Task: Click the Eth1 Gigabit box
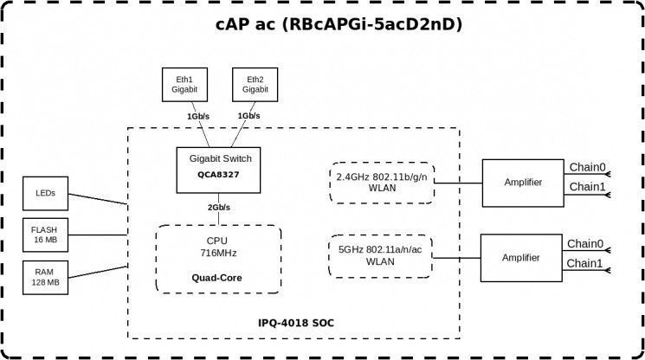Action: [184, 85]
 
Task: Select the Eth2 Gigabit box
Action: [255, 85]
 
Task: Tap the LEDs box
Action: [45, 194]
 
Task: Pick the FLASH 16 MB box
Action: [45, 235]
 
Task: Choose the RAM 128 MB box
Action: [45, 278]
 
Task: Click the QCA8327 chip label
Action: [218, 175]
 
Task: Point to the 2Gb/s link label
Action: [219, 208]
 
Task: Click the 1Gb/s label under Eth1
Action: [198, 117]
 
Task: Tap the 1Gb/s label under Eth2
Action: [248, 116]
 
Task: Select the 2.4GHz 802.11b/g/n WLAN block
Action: [382, 183]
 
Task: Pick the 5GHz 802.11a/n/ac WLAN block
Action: [380, 256]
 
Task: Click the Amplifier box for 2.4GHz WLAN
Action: [523, 183]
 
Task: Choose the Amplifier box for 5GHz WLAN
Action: [521, 258]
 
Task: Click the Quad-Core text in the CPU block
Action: [216, 278]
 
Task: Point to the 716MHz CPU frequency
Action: [218, 254]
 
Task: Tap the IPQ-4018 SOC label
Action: [296, 323]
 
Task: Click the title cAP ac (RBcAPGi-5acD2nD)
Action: [339, 24]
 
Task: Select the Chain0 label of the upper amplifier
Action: [587, 167]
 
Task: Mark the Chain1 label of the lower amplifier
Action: [584, 263]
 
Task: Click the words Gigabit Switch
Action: [221, 158]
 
